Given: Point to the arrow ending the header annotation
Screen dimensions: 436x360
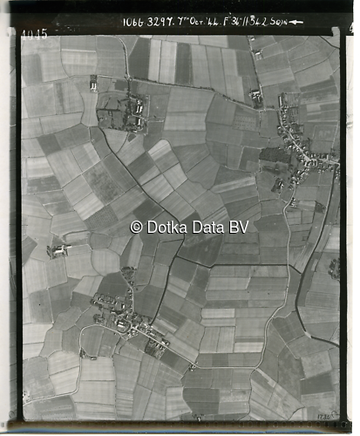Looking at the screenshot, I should coord(296,22).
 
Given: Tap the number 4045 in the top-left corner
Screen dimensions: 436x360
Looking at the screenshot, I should coord(34,35).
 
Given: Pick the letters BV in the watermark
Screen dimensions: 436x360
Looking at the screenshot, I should coord(239,227).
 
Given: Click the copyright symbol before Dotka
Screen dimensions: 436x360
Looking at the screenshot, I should coord(136,227).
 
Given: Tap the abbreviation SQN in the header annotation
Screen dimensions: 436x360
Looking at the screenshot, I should coord(280,22).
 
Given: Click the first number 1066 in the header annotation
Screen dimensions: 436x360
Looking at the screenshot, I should coord(133,22).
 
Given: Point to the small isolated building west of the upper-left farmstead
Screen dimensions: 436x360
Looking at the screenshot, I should coord(93,83).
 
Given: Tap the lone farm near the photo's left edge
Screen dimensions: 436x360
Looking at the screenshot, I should coord(58,250).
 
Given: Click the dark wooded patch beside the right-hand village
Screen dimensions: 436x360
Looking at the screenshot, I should coord(274,157).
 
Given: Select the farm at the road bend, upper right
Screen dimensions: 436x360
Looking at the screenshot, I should coord(256,99).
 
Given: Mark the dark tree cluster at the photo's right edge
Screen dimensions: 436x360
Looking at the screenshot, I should coord(334,267).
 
